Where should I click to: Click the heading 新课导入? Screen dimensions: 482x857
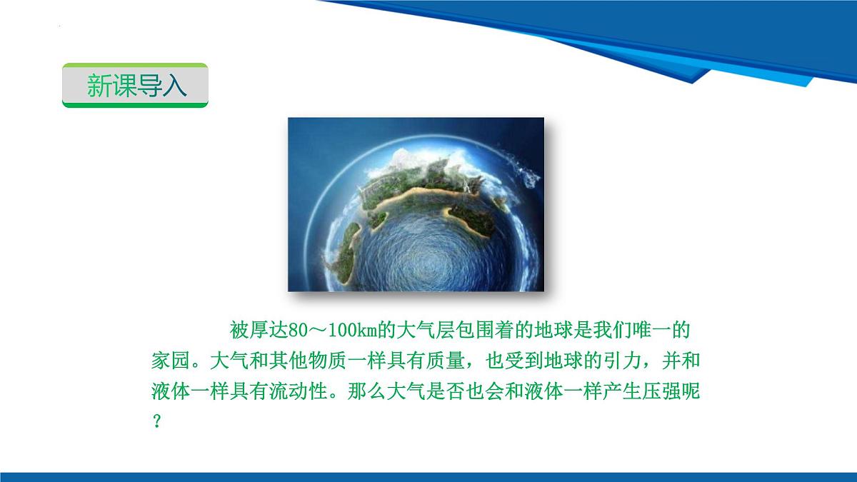point(136,86)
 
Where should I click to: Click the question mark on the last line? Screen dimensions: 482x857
point(157,421)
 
